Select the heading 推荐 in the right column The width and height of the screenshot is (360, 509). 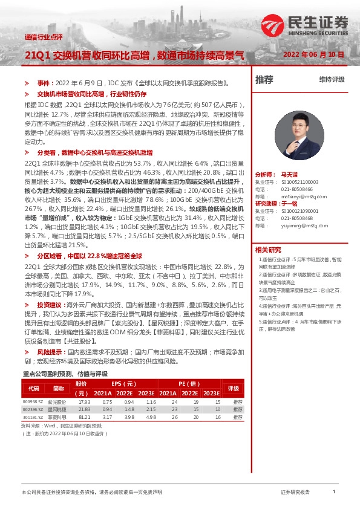coord(264,80)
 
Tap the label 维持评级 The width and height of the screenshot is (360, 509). coord(332,80)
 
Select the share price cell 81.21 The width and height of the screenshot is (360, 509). coord(84,417)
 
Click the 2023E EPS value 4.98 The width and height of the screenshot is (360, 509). coord(150,417)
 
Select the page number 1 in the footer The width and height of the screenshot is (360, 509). coord(334,492)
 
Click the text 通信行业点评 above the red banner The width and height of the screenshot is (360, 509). coord(44,37)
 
